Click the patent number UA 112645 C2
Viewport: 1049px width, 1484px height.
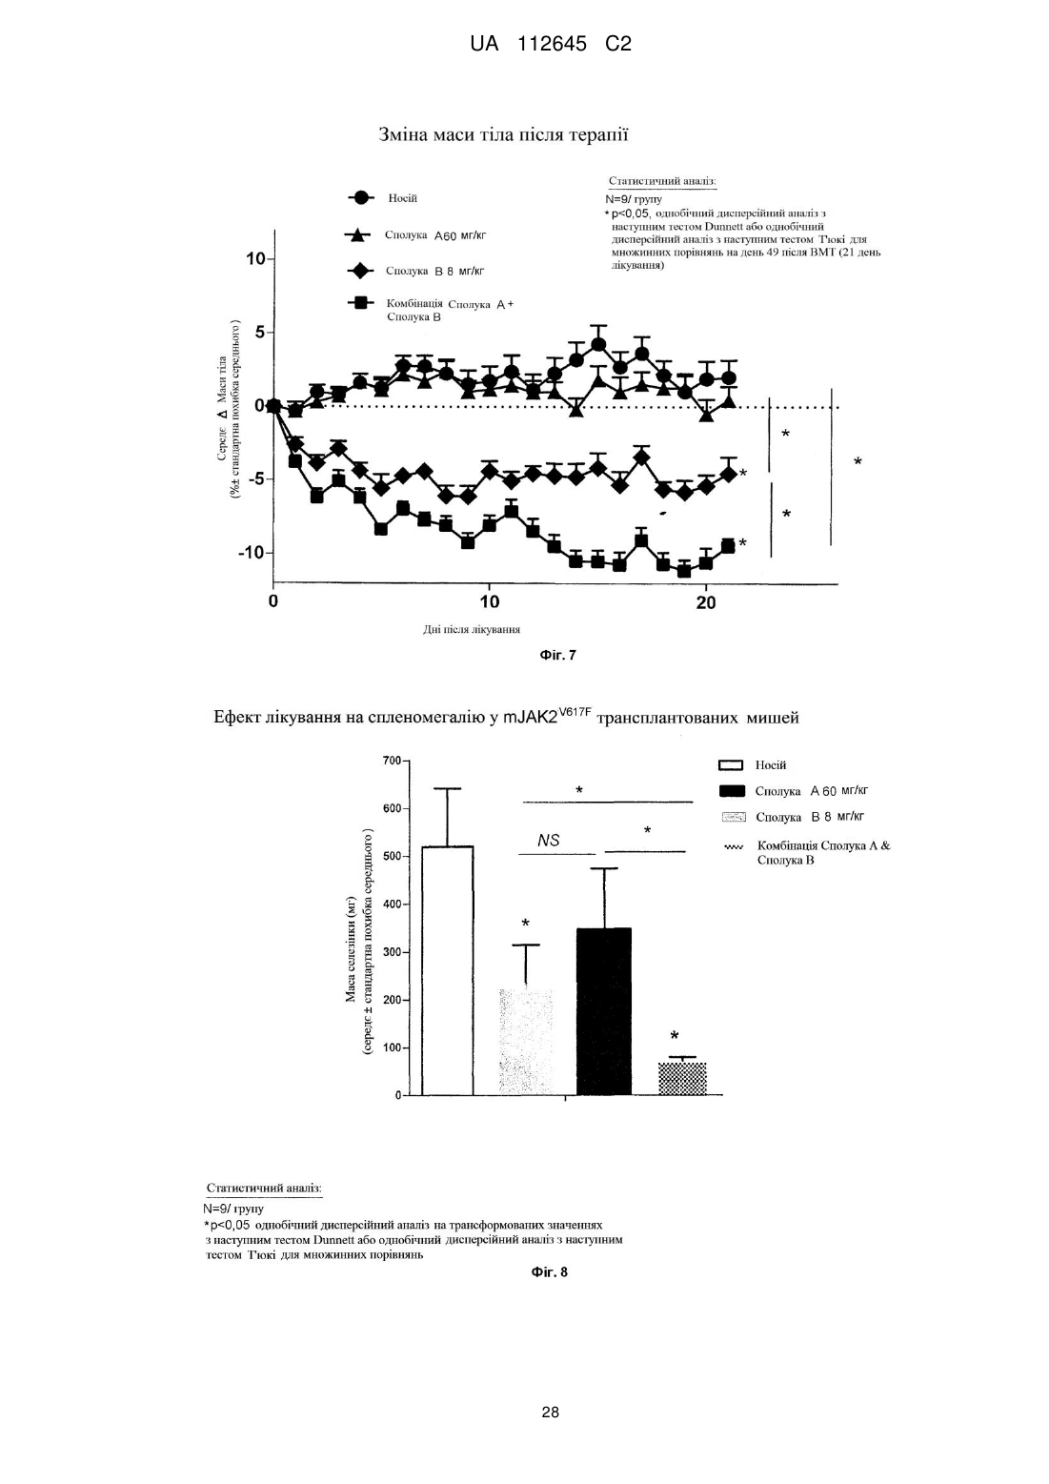click(x=551, y=44)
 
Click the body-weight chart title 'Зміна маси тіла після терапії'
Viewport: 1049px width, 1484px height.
click(x=503, y=134)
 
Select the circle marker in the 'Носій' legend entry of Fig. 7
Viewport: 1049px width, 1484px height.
click(x=361, y=197)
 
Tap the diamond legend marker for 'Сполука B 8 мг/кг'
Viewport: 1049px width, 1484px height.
click(x=361, y=271)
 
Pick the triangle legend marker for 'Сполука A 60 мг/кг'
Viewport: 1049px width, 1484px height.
click(x=357, y=234)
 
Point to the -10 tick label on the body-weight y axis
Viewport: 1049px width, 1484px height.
click(x=251, y=553)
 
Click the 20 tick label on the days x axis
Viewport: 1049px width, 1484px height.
click(x=706, y=602)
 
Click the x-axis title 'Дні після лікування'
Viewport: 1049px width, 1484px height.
click(x=472, y=629)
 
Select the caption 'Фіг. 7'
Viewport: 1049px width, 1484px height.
click(x=557, y=655)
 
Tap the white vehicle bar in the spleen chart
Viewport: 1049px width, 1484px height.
click(x=448, y=970)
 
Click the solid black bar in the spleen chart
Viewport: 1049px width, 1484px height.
click(x=604, y=1011)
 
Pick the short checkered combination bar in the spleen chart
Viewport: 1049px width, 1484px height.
click(x=682, y=1079)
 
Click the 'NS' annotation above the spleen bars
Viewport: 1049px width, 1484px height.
click(x=549, y=840)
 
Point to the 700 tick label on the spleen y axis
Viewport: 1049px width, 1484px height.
click(x=392, y=761)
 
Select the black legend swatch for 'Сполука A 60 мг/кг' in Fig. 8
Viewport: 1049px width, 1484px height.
click(x=732, y=791)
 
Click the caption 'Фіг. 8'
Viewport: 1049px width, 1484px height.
click(x=550, y=1271)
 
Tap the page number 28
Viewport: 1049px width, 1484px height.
click(x=551, y=1413)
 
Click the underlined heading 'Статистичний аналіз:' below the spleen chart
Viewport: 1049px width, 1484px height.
click(x=264, y=1188)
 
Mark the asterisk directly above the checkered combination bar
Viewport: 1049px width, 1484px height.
click(x=675, y=1035)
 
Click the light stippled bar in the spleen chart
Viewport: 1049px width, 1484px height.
click(x=526, y=1042)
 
